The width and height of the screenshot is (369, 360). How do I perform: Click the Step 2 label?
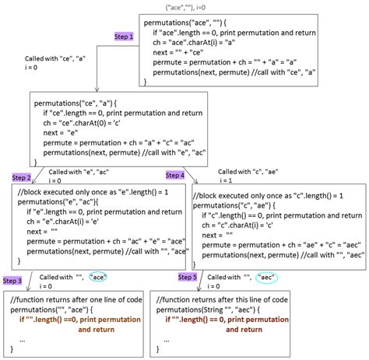21,177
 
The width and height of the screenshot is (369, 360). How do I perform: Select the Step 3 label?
12,280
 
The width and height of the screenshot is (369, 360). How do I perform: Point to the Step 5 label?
188,276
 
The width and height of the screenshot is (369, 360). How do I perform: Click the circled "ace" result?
101,277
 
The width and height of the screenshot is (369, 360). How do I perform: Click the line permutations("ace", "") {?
184,23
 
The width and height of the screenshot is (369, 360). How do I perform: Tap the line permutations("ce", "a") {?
75,101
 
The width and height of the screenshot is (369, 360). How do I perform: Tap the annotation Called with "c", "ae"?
247,170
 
